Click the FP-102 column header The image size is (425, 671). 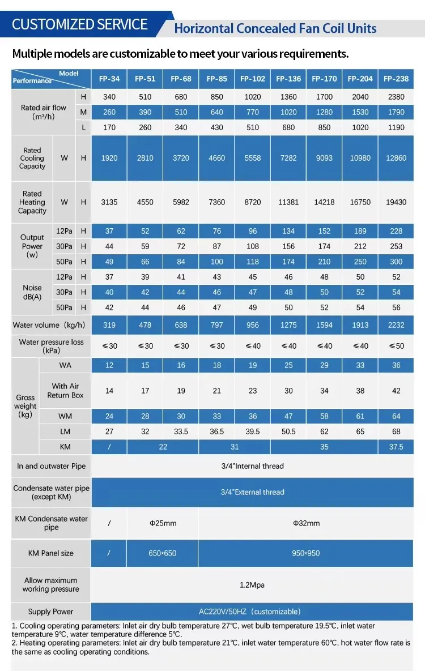coord(253,79)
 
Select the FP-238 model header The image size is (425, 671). coord(396,79)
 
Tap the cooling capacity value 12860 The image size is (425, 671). coord(396,158)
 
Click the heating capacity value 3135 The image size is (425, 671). coord(109,202)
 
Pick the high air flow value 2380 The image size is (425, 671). coord(396,97)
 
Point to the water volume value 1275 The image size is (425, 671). coord(288,325)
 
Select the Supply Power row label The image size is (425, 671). coord(51,612)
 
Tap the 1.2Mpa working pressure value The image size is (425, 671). coord(252,584)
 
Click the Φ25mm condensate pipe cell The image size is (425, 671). coord(163,523)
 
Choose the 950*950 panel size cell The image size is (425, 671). coord(306,553)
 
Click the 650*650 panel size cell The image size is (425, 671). coord(163,553)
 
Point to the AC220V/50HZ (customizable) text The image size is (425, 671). coord(250,612)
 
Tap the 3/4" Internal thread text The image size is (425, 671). coord(252,466)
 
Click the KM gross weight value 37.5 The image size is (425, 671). coord(396,447)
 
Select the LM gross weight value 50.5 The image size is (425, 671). coord(288,431)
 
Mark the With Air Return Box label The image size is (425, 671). coord(65,391)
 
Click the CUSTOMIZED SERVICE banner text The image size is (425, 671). coord(80,24)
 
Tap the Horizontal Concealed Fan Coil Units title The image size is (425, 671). coord(275,29)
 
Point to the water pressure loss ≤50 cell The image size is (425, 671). coord(396,346)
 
